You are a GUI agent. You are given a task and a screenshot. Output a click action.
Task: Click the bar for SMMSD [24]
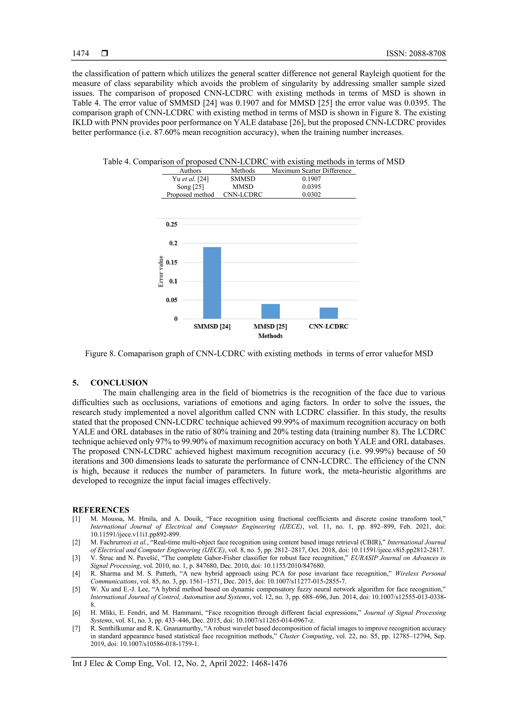(x=212, y=282)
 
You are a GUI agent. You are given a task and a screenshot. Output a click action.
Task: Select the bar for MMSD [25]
(x=270, y=311)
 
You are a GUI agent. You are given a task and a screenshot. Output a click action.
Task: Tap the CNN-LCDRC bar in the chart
(x=329, y=313)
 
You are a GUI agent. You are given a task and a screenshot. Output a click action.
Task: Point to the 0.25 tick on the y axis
(x=171, y=224)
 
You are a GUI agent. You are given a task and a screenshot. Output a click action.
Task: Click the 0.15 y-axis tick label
(x=171, y=262)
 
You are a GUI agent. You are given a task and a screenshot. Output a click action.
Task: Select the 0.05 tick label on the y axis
(x=171, y=300)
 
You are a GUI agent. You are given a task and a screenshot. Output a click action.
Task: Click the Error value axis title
(x=161, y=271)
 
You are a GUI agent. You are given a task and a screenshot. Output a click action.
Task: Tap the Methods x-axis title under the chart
(x=270, y=336)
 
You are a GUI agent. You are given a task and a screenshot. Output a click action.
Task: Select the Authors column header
(x=190, y=171)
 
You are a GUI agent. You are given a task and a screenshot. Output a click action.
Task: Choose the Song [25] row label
(x=190, y=187)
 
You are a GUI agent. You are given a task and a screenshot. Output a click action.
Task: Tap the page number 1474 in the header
(x=81, y=53)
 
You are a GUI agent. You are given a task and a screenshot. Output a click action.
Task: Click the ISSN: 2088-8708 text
(x=416, y=53)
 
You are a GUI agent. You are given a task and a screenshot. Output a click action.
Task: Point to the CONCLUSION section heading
(x=119, y=383)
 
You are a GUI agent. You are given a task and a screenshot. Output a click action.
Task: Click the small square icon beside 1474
(x=105, y=53)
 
